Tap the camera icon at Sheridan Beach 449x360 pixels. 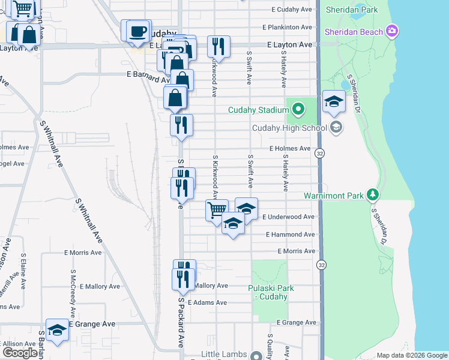click(x=393, y=31)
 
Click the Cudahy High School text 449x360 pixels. click(x=289, y=127)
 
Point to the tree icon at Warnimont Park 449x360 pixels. click(x=373, y=195)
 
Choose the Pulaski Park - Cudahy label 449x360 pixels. click(x=271, y=292)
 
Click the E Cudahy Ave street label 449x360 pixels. click(x=292, y=10)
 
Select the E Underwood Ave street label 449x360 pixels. click(x=288, y=217)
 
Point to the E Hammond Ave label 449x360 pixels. click(x=290, y=234)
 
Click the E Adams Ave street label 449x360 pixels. click(x=207, y=302)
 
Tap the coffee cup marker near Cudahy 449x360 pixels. click(x=137, y=31)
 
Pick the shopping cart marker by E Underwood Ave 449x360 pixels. click(x=217, y=210)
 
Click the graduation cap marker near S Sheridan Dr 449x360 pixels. click(x=334, y=101)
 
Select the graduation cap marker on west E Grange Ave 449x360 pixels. click(x=58, y=330)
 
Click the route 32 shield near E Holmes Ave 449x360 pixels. click(x=321, y=153)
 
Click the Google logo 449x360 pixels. click(x=20, y=353)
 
